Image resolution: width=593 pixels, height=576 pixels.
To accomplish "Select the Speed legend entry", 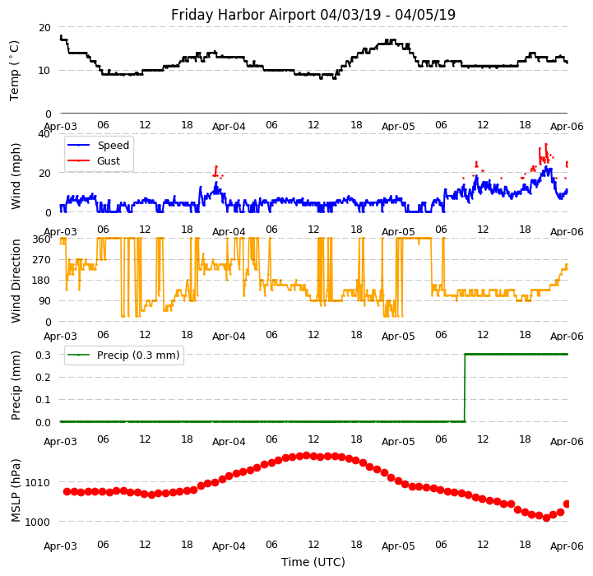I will (x=113, y=146).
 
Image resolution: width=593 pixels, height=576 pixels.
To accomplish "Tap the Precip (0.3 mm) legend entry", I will (x=137, y=355).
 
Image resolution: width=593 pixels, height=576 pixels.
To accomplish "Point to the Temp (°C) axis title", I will (x=15, y=70).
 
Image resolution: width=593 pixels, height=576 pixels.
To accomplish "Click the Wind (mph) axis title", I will (x=16, y=175).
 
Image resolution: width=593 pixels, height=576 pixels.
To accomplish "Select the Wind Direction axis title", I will (x=16, y=281).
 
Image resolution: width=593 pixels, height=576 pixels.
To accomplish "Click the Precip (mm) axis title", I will (x=16, y=385).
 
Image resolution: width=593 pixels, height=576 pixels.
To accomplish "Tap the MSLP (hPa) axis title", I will (x=16, y=490).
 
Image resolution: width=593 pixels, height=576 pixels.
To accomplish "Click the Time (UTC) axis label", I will (x=313, y=562).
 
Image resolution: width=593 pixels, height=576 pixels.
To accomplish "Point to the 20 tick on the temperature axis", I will (x=44, y=27).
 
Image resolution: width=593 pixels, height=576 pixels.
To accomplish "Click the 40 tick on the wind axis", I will (x=44, y=133).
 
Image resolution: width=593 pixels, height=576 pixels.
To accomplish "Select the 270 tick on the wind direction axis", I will (x=40, y=259).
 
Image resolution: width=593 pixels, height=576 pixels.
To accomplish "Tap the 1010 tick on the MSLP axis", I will (x=38, y=482).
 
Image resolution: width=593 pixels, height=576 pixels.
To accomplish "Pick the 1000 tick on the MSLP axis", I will (x=38, y=522).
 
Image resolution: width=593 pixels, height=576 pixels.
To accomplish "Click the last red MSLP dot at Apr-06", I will (x=567, y=504).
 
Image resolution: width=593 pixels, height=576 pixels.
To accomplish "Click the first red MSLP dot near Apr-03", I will (x=67, y=491).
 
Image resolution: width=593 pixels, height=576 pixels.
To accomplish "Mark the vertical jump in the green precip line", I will (x=465, y=388).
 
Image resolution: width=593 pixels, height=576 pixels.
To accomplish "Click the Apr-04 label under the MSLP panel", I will (x=229, y=546).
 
